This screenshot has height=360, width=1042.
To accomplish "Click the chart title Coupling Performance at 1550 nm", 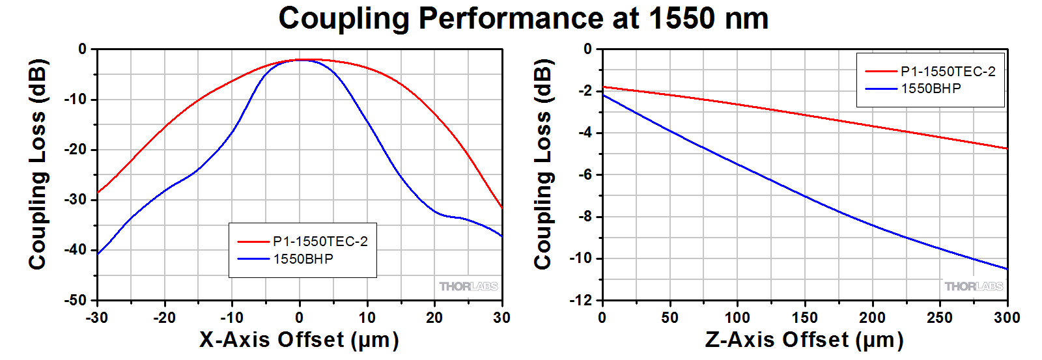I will (523, 18).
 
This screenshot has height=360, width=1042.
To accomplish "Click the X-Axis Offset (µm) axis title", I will (299, 340).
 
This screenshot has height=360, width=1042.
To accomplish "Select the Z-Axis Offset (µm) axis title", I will (804, 340).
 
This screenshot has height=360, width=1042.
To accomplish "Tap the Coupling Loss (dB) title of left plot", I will (38, 164).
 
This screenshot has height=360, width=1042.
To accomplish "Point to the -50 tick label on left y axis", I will (75, 300).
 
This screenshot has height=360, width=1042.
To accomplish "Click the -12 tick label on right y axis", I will (581, 300).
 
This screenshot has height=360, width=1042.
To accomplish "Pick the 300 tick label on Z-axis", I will (1007, 318).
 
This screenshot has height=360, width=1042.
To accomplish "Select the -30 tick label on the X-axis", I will (97, 318).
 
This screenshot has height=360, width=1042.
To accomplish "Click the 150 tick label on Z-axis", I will (804, 318).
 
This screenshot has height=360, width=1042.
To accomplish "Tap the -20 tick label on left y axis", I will (75, 149).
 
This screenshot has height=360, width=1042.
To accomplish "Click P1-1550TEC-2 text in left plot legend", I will (320, 242).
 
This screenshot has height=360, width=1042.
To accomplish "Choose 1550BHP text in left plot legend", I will (303, 259).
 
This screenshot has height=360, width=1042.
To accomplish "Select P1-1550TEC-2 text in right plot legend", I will (948, 72).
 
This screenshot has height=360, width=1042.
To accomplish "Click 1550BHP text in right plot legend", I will (931, 89).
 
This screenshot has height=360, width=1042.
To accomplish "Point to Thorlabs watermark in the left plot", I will (468, 286).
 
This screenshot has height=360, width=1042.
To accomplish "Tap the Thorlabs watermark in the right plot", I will (974, 286).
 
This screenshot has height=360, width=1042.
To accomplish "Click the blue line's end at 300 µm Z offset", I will (1007, 269).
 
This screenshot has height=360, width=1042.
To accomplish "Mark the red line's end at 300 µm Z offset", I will (1007, 148).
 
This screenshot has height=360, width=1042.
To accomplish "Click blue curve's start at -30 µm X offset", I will (98, 253).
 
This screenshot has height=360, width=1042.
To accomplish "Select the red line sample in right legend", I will (880, 72).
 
